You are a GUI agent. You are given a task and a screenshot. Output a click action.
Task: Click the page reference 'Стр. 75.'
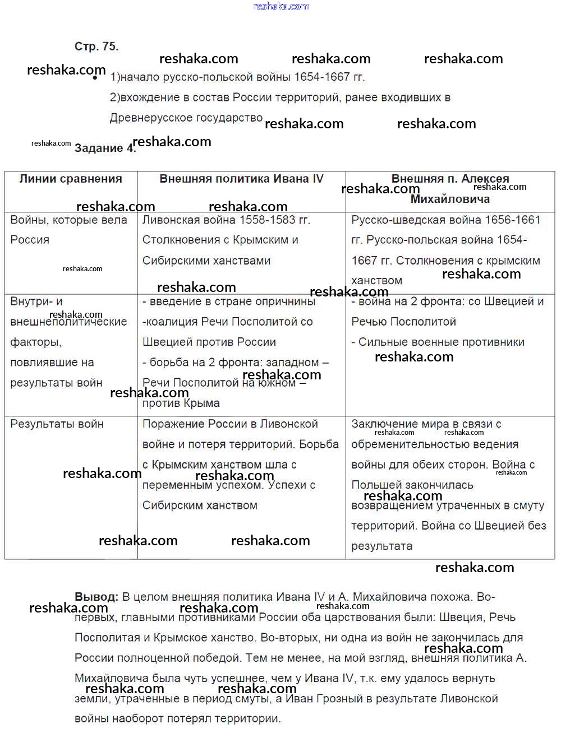(x=96, y=47)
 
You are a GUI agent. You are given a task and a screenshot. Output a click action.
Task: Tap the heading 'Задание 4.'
(x=105, y=148)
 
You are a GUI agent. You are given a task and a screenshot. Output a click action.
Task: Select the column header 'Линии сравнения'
(x=71, y=179)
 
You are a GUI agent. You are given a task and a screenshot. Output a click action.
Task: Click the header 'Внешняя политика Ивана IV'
(x=241, y=179)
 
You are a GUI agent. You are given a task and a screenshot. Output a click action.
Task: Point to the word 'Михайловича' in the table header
(x=450, y=199)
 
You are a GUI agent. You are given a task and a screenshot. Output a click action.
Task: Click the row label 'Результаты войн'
(x=57, y=424)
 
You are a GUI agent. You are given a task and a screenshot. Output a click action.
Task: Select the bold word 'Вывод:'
(x=96, y=597)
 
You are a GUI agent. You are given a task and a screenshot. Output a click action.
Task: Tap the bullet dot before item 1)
(x=95, y=78)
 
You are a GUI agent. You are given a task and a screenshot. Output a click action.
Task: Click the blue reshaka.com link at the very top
(x=281, y=6)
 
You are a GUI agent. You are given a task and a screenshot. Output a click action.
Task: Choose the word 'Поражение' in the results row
(x=171, y=424)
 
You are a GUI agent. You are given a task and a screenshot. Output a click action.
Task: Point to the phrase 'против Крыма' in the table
(x=181, y=403)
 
